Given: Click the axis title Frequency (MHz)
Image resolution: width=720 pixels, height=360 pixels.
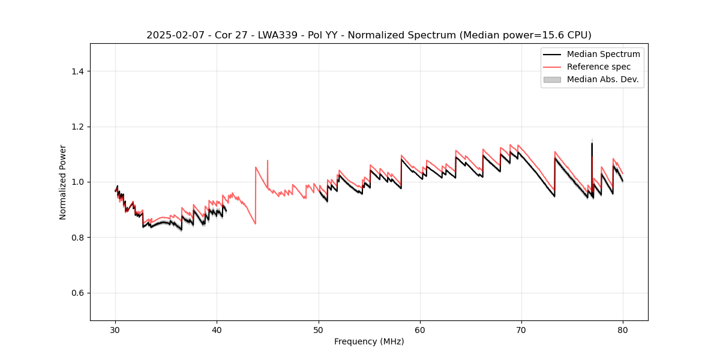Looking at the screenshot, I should click(369, 341).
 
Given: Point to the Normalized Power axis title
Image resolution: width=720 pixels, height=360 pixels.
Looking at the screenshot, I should click(63, 182).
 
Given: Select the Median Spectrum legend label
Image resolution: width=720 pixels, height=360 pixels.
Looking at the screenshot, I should click(603, 54).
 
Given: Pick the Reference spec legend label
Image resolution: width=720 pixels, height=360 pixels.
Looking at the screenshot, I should click(598, 67).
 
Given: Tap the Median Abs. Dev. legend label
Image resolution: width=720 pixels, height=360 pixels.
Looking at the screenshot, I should click(602, 79).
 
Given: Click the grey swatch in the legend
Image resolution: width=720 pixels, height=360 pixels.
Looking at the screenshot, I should click(552, 79).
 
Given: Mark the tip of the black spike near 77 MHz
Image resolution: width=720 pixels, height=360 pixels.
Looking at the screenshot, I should click(592, 143).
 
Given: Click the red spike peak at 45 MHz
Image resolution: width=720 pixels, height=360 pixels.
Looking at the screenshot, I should click(268, 160).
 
